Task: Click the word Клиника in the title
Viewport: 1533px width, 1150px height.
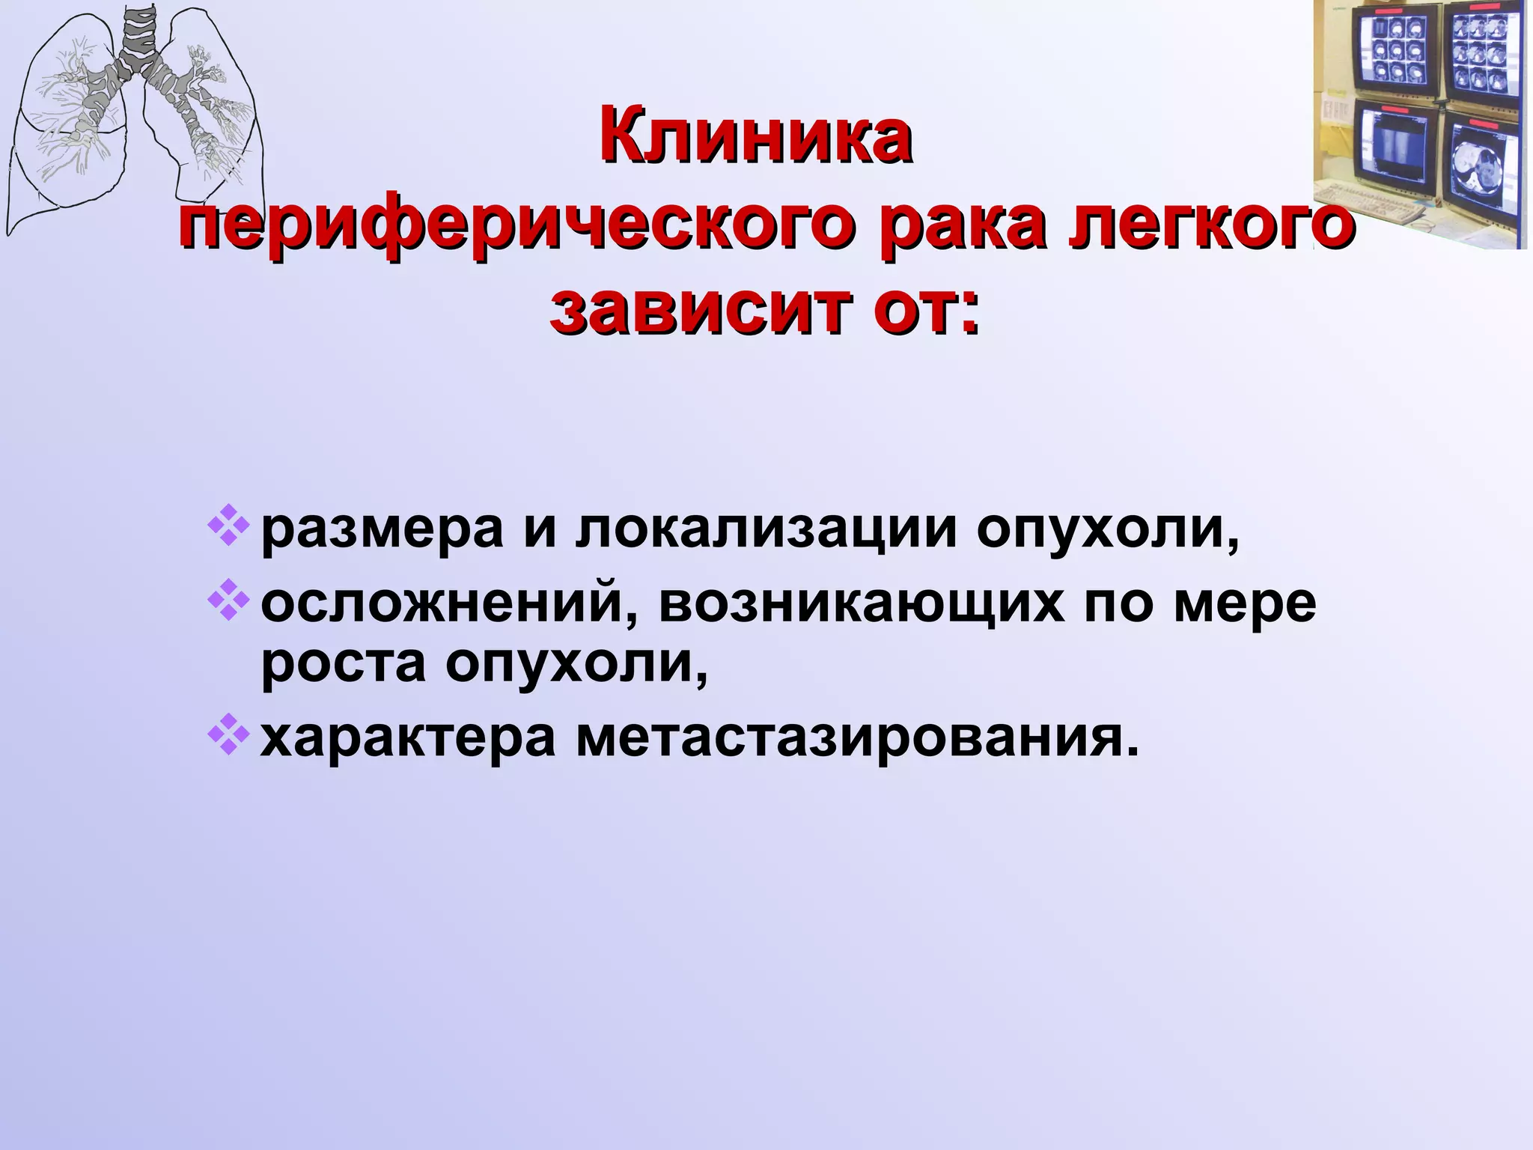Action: click(755, 139)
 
